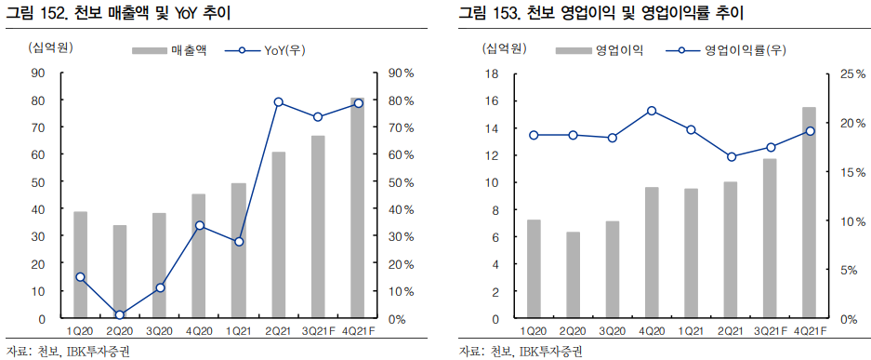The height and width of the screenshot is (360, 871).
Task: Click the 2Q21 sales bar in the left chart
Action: tap(279, 234)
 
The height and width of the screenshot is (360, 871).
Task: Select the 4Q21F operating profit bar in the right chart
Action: tap(809, 213)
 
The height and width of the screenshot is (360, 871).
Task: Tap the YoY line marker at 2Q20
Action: tap(120, 314)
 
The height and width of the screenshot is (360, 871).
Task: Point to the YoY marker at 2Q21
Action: tap(279, 102)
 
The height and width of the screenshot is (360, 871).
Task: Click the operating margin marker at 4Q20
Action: tap(652, 111)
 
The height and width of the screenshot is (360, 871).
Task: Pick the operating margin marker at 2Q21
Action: tap(732, 156)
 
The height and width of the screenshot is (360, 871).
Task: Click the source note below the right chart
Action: tap(520, 351)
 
